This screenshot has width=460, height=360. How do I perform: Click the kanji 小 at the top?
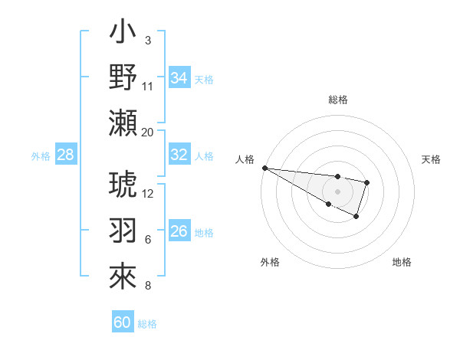click(x=123, y=35)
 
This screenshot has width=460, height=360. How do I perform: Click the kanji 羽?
click(x=123, y=232)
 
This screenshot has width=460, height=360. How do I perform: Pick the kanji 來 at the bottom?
click(x=123, y=277)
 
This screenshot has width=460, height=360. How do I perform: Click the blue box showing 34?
click(x=179, y=77)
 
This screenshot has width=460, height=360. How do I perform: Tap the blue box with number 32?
click(x=179, y=155)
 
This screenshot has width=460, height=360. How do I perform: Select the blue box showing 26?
click(x=179, y=231)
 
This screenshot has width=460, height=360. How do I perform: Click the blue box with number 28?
click(x=65, y=155)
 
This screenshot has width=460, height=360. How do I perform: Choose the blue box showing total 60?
click(x=123, y=322)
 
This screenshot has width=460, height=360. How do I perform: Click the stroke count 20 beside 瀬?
click(x=148, y=133)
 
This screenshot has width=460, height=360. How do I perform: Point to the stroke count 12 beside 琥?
click(x=148, y=193)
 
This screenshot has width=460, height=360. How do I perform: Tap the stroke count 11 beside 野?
click(x=148, y=86)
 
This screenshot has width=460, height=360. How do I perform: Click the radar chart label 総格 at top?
click(x=337, y=100)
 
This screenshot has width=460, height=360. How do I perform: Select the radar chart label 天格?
click(x=431, y=159)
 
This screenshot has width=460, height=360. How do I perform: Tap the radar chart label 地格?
click(x=402, y=262)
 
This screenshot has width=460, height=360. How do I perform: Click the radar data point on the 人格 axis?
click(x=264, y=168)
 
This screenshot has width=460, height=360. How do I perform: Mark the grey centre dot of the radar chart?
click(x=337, y=191)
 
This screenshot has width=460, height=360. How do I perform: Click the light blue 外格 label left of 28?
click(x=41, y=156)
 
